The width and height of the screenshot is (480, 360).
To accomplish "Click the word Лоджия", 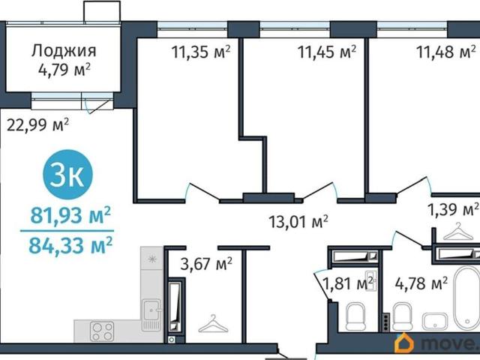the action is coord(64,51).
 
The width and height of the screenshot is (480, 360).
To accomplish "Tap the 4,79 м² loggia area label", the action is coord(64,70).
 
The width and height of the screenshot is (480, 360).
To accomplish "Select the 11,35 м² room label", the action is coord(200,52).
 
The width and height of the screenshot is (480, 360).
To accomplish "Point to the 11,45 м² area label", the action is coord(327,52).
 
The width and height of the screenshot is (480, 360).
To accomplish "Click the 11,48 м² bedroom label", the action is coord(446,52).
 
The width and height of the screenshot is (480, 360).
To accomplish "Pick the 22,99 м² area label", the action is coord(37,125).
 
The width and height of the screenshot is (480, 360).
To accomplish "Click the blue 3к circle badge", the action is coord(67,175).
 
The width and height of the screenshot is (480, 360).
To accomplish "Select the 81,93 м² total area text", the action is coord(70,215).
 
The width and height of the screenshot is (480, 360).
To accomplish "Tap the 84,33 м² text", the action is coord(70,245).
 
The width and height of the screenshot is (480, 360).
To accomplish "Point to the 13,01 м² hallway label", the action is coord(298,221).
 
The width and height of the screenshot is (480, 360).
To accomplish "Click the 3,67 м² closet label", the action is coord(206,264).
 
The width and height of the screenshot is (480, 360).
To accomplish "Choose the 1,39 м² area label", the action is coord(453,210).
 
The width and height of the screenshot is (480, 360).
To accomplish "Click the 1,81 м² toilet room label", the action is coord(348,283).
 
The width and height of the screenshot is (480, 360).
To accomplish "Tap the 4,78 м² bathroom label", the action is coord(421,283).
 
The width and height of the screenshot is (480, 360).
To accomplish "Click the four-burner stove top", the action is coord(102,331).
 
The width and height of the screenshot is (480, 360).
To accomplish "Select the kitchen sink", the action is coord(151,315).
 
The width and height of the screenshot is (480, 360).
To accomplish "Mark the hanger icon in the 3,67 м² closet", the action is coord(213,324).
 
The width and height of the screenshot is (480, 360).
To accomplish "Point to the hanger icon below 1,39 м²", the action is coord(458,232).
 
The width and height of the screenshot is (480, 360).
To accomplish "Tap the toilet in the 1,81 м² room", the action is coord(355,316).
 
